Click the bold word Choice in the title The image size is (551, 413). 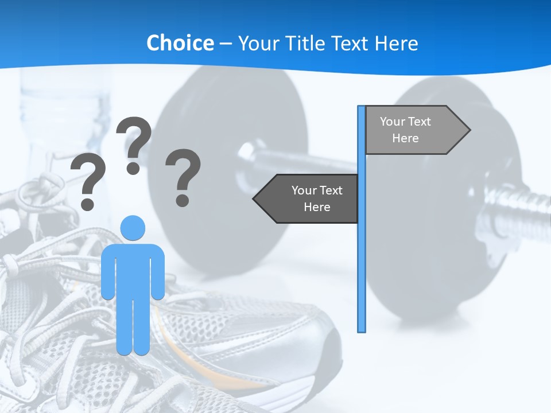[x=180, y=43]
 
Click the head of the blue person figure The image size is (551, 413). [x=133, y=228]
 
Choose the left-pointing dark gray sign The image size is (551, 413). [x=310, y=198]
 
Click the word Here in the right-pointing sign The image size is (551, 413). [x=405, y=138]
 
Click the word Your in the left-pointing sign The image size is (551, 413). [x=304, y=190]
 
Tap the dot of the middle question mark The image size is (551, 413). [x=133, y=168]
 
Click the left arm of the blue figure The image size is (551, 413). [x=108, y=272]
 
